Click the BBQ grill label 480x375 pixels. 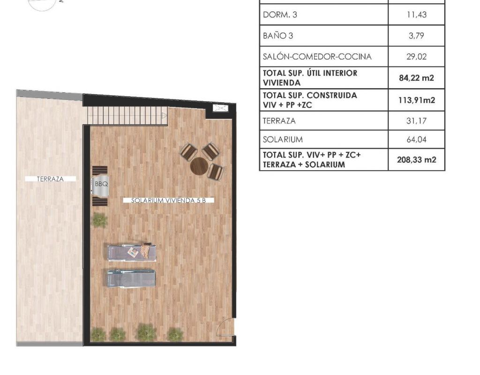coord(101,184)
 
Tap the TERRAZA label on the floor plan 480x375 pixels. coord(50,179)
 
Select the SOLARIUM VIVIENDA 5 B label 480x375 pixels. coord(168,201)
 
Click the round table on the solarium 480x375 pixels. coord(199,166)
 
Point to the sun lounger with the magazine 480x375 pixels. coord(132,252)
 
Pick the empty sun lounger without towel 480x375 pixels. coord(131,278)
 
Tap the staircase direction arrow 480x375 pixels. coord(165,115)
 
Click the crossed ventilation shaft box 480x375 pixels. coord(220,108)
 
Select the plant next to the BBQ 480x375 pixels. coord(100,220)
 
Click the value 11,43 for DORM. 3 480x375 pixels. coord(417,15)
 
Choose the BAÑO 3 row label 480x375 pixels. coord(278,36)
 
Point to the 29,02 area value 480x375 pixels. coord(417,57)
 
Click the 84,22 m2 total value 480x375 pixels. coord(417,78)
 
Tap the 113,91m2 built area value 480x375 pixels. coord(417,100)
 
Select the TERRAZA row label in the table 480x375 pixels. coord(279,121)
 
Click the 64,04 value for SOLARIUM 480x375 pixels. coord(417,140)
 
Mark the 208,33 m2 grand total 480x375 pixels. coord(417,159)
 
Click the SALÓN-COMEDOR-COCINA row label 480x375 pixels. coord(317,57)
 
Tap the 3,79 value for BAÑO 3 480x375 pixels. coord(417,36)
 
